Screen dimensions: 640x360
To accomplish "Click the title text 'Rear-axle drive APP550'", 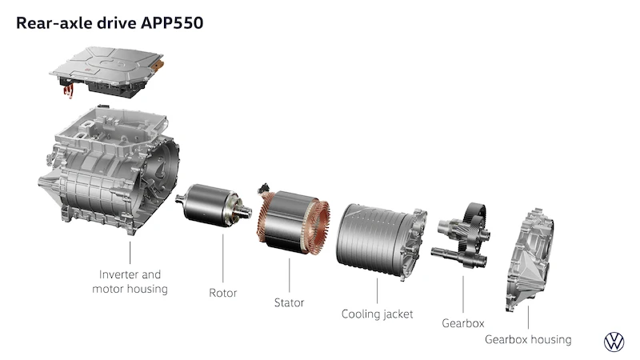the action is [110, 23].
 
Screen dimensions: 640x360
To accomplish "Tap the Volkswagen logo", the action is [614, 342].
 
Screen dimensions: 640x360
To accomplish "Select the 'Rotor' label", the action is [223, 293].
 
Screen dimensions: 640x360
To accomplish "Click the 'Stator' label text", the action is [289, 303].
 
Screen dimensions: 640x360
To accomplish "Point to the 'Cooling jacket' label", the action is [377, 314].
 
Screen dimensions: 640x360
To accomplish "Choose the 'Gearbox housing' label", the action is [528, 339].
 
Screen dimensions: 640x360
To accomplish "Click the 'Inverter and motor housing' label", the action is [130, 282].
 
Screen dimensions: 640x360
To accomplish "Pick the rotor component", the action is [213, 205].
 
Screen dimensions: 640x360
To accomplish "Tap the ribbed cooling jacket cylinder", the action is [379, 241].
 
